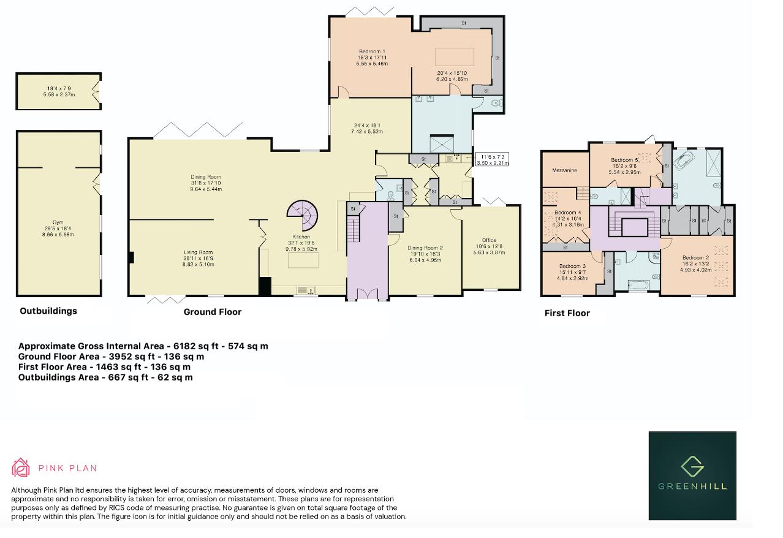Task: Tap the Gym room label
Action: click(x=58, y=222)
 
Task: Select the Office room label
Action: click(x=489, y=240)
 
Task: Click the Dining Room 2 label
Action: click(x=425, y=248)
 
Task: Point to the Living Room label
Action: click(x=199, y=252)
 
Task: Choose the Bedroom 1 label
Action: click(x=372, y=51)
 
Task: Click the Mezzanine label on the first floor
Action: click(x=564, y=170)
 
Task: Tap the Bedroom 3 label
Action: click(x=572, y=266)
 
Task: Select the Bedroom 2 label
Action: click(x=696, y=257)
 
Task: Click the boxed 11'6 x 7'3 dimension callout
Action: click(x=492, y=159)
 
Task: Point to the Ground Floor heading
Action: click(x=213, y=312)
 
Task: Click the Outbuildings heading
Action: click(x=48, y=311)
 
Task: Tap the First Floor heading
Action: click(x=567, y=313)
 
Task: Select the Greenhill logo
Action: click(x=692, y=475)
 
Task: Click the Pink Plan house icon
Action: click(x=21, y=468)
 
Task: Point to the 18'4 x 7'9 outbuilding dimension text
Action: click(x=59, y=89)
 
